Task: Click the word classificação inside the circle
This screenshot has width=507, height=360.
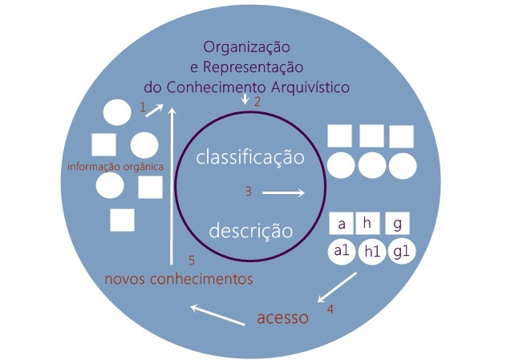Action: (x=250, y=157)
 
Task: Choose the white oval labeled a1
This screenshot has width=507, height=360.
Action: (x=343, y=251)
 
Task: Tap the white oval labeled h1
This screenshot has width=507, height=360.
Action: (x=371, y=252)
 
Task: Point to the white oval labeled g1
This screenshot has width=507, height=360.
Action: (x=400, y=251)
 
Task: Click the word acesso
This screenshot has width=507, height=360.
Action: (x=282, y=318)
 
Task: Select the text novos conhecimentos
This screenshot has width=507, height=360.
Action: (x=180, y=279)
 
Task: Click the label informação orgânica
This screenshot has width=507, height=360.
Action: (x=116, y=167)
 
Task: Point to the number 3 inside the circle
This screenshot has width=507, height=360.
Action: (x=249, y=192)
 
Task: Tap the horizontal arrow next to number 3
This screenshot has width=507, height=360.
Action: (x=283, y=192)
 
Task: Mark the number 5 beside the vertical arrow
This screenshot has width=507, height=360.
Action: (x=191, y=260)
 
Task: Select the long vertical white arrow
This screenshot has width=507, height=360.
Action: (x=171, y=184)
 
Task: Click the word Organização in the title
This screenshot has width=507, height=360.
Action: (x=245, y=47)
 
